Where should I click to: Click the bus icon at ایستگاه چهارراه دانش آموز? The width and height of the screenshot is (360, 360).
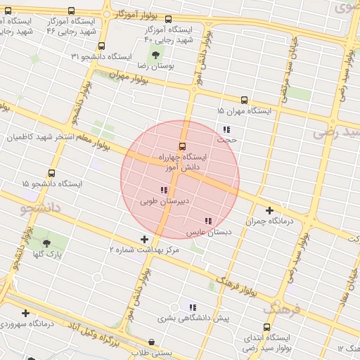pyautogui.click(x=183, y=146)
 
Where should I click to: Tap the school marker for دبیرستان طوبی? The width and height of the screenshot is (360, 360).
pyautogui.click(x=164, y=190)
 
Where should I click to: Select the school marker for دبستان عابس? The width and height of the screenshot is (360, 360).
pyautogui.click(x=207, y=221)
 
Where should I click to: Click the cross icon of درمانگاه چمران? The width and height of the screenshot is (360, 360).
pyautogui.click(x=270, y=210)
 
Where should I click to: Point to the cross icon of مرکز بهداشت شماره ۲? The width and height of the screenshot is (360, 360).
pyautogui.click(x=144, y=239)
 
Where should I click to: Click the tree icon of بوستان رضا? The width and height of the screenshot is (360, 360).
pyautogui.click(x=155, y=54)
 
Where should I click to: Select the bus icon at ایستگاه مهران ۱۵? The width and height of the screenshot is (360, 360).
pyautogui.click(x=244, y=101)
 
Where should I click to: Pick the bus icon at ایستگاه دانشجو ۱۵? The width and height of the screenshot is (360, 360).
pyautogui.click(x=51, y=173)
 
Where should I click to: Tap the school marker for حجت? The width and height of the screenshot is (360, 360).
pyautogui.click(x=226, y=129)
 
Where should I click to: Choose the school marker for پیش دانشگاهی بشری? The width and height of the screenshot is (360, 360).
pyautogui.click(x=192, y=307)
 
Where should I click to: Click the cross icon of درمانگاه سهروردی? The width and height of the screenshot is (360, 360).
pyautogui.click(x=26, y=313)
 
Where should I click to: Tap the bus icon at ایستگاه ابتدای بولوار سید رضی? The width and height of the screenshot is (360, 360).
pyautogui.click(x=266, y=327)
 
